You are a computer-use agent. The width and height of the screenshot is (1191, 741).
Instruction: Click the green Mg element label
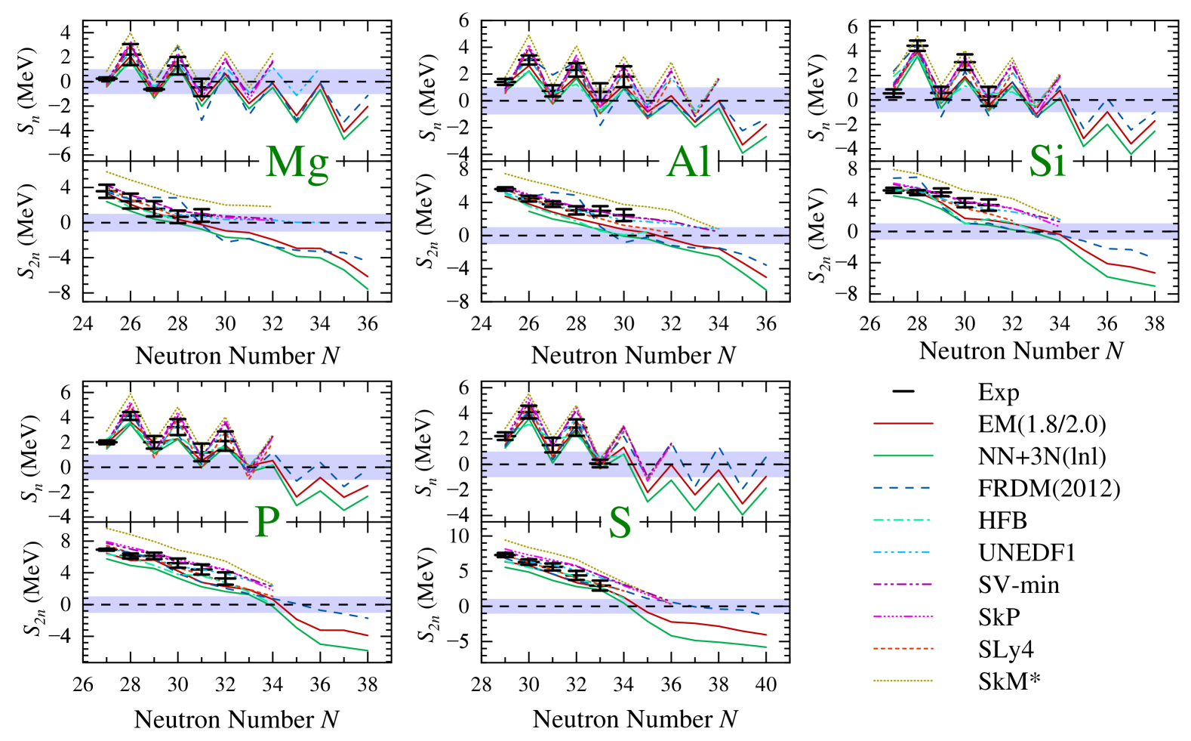297,161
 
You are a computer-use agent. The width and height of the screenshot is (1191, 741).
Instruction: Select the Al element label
688,161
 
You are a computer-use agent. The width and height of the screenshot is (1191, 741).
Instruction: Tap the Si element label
1047,161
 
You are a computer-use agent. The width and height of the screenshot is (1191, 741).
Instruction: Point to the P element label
267,521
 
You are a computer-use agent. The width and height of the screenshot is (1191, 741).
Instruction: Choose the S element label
620,521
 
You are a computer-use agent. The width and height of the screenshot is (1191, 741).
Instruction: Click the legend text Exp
998,392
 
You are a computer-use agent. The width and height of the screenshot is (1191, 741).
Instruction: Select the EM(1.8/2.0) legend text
1042,424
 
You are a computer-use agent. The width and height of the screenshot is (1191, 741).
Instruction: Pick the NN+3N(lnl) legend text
1042,456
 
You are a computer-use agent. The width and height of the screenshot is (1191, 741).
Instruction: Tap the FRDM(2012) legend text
1048,489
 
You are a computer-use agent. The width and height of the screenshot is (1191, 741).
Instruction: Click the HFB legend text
1002,520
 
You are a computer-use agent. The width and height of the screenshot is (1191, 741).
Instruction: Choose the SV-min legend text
1018,585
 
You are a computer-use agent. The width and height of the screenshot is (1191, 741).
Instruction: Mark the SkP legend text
999,617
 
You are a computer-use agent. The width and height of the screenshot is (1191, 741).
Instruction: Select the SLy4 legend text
1005,649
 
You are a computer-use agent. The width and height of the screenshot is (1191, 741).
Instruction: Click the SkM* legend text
1009,681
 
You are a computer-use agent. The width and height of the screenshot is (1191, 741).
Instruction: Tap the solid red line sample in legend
903,424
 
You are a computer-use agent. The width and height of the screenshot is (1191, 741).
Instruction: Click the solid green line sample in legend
903,456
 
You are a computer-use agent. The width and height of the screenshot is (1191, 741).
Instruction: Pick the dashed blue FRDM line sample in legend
903,489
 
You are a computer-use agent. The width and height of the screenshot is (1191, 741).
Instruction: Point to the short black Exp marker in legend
903,391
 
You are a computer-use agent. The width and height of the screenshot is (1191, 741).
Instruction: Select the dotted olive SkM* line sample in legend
903,681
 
